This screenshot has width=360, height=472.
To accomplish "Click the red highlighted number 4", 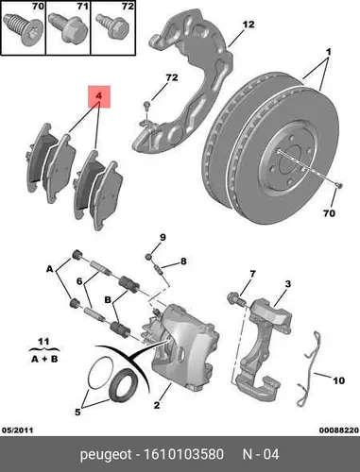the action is pos(99,95).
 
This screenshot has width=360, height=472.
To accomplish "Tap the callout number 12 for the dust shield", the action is pos(249,25).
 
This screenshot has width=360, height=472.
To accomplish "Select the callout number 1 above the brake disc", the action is pos(328,51).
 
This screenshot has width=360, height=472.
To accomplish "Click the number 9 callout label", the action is pos(163,237).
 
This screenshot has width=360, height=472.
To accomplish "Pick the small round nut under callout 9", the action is pos(149,257).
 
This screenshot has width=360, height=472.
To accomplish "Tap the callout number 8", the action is pos(183,261).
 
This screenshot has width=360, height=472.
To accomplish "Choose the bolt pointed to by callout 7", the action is pos(235,298).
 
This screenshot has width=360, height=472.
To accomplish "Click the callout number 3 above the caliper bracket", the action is pos(288,284).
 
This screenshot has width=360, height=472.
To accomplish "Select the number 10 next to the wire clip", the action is pos(338,380).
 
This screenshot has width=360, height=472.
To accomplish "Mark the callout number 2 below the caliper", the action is pos(157,405).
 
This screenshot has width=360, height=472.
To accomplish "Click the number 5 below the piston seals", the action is pos(77,412).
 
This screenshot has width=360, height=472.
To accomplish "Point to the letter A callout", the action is pos(50,269).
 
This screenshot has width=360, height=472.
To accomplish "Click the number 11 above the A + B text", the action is pos(43,342).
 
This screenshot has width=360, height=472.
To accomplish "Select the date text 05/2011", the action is pos(18,430).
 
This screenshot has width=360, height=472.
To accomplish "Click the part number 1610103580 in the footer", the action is pos(183,454).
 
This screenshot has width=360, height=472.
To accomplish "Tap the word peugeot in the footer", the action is pos(106,455).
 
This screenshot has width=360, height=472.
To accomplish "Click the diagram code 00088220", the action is pos(339,430).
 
